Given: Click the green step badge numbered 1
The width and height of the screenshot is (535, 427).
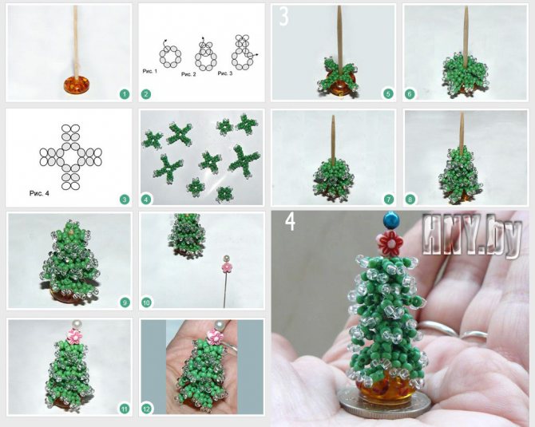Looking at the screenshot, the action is click(x=125, y=94).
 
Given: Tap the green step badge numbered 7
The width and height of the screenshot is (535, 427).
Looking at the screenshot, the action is click(x=389, y=200).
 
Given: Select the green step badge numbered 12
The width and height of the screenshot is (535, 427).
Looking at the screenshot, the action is click(x=146, y=409).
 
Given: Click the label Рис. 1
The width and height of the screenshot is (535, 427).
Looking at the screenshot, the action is click(x=150, y=71).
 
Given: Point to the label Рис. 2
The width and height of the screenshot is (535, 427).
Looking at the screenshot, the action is click(x=188, y=74).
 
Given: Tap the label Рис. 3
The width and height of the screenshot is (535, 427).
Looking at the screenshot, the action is click(x=225, y=73).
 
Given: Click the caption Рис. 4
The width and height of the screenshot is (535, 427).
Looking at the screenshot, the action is click(x=39, y=193).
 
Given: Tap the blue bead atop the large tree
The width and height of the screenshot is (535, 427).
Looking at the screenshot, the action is click(x=389, y=220).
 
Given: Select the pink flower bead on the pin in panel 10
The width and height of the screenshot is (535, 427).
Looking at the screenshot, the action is click(x=225, y=267).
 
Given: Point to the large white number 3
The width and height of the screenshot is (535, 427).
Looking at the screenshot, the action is click(x=284, y=17).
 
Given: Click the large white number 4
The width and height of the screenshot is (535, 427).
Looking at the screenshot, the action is click(x=290, y=222).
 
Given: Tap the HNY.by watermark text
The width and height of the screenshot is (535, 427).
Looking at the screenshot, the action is click(x=472, y=235).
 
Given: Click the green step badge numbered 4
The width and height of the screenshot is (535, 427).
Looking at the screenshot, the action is click(x=146, y=200).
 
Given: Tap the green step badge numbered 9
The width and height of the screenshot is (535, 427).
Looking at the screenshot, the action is click(x=125, y=302).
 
